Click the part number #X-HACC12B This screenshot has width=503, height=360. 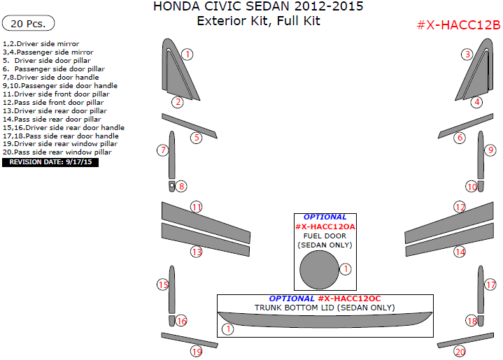[x=458, y=25]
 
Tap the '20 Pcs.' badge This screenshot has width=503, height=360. [x=29, y=23]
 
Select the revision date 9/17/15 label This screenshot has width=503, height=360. [x=50, y=162]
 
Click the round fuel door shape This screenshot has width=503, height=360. [x=319, y=270]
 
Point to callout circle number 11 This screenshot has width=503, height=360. [x=197, y=207]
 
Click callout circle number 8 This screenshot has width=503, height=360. [x=181, y=186]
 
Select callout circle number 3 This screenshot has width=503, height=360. [x=467, y=54]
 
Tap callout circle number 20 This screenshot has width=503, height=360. [x=460, y=351]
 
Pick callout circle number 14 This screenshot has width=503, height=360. [x=460, y=251]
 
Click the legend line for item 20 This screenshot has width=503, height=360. [x=57, y=152]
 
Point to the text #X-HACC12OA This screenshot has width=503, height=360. [x=325, y=226]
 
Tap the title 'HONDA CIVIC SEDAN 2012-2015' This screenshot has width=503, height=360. [x=258, y=8]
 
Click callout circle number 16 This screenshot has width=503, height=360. [x=181, y=321]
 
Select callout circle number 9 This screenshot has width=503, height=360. [x=491, y=150]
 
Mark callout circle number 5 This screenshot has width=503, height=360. [x=197, y=138]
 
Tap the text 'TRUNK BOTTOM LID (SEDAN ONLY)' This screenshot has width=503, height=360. [x=324, y=308]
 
